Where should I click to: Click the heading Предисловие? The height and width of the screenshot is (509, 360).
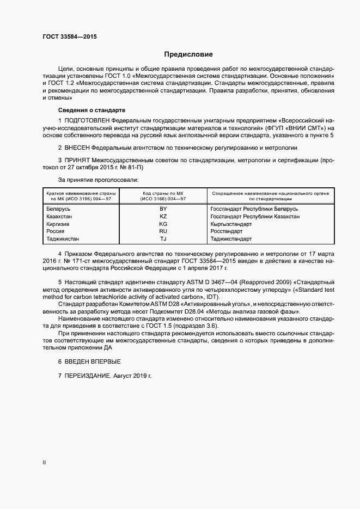click(x=188, y=54)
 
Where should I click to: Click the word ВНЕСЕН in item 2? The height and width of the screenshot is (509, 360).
click(x=77, y=148)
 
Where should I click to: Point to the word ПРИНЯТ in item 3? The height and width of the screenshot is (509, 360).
click(x=79, y=161)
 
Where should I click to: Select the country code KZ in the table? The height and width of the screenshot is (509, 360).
click(x=163, y=216)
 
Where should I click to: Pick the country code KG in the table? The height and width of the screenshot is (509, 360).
click(x=163, y=224)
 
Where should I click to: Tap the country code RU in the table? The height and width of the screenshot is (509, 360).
click(x=163, y=231)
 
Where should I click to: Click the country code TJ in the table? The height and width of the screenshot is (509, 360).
click(x=163, y=239)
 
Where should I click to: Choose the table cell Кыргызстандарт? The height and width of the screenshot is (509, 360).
click(x=231, y=224)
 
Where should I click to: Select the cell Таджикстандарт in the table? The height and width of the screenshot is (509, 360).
click(x=231, y=239)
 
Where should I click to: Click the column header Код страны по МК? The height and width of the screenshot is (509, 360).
click(x=163, y=193)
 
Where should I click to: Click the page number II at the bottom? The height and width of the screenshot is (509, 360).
click(x=44, y=463)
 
